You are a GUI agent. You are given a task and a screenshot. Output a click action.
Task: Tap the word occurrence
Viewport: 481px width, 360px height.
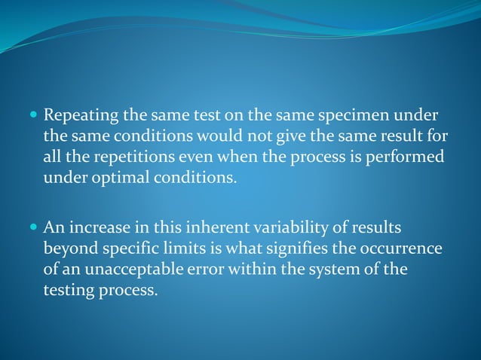click(x=400, y=248)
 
